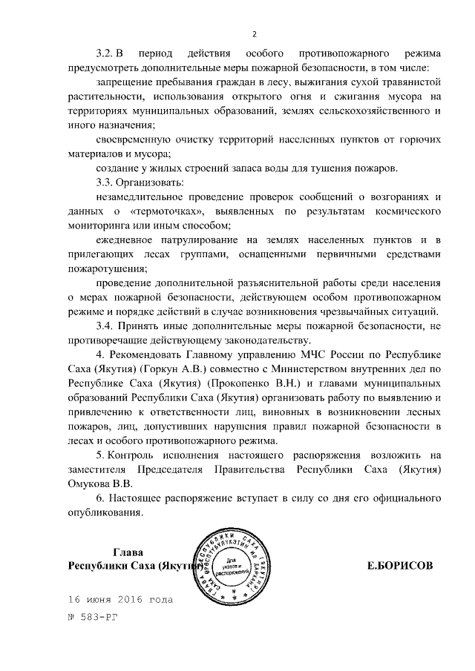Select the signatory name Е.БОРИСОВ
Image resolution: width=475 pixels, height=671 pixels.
[400, 566]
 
